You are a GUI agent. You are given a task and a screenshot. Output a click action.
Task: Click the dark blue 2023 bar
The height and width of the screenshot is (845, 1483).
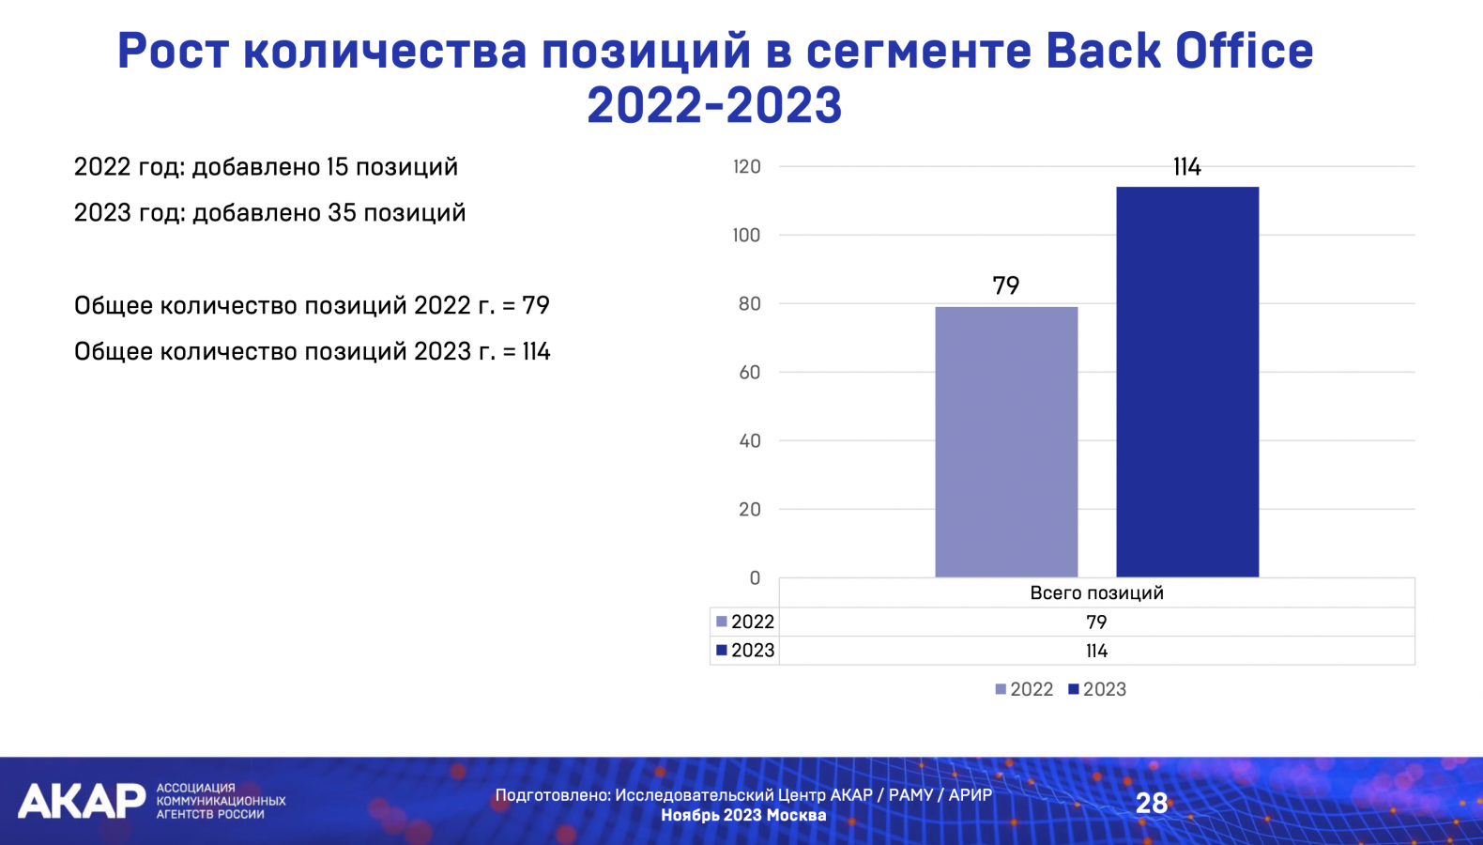coord(1187,382)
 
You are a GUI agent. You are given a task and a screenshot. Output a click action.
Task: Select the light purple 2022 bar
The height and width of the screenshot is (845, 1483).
coord(1006,441)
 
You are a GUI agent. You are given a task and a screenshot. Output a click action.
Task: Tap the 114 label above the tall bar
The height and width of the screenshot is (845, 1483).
coord(1186,167)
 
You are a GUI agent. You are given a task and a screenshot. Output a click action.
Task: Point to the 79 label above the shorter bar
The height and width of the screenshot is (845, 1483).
coord(1005,285)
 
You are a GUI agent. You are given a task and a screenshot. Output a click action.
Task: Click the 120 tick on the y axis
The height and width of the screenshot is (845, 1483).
coord(747,167)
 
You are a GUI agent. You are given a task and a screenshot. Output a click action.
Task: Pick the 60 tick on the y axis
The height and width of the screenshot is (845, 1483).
coord(749,372)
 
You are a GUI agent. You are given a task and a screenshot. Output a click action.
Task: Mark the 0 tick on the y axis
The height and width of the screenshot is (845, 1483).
coord(755,578)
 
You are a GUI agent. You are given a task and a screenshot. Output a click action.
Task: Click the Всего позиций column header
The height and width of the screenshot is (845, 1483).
coord(1096,592)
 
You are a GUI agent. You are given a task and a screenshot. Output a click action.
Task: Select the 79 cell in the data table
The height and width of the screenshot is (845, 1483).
coord(1096,622)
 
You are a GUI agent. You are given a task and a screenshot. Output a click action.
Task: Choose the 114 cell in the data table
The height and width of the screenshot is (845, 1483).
coord(1096,651)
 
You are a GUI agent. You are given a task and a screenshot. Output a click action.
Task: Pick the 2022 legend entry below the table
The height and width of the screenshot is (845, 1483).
coord(1024,689)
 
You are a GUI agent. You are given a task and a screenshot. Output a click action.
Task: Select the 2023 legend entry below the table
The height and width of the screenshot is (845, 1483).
coord(1097,689)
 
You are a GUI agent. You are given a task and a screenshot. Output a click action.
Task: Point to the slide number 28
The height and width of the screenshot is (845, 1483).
coord(1152,804)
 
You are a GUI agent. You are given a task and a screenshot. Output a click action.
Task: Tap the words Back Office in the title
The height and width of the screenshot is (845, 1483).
coord(1179,51)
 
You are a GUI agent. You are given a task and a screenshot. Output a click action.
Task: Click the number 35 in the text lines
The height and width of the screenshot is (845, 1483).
coord(343,213)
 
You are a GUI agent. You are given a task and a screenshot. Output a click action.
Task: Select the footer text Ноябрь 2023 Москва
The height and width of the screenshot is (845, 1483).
coord(743,815)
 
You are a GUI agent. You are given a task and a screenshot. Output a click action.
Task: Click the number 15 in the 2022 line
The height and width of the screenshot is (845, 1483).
coord(337,167)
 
